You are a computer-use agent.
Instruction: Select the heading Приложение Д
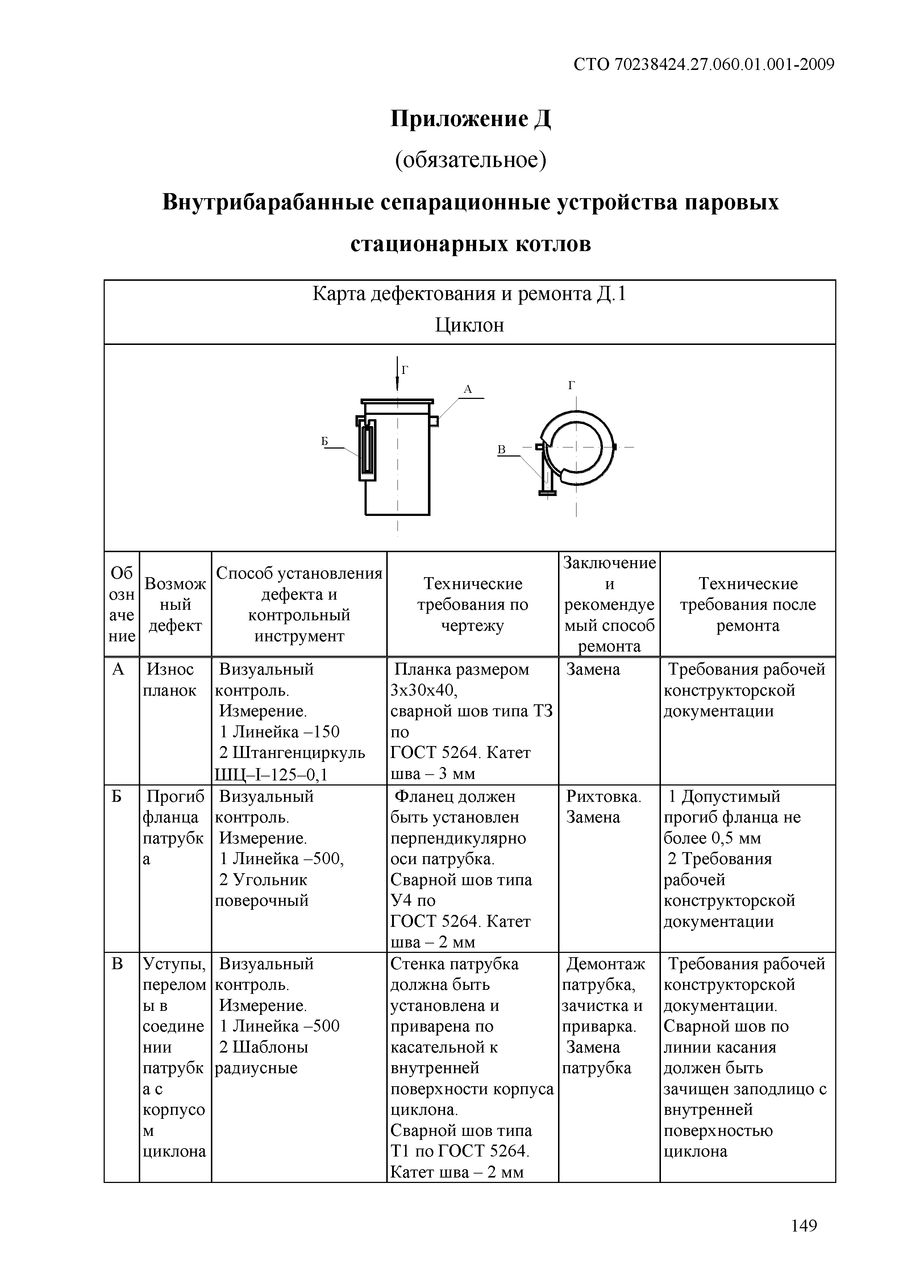[x=471, y=119]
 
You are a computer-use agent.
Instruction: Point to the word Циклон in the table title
[x=469, y=325]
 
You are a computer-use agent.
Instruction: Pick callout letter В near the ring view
[x=501, y=450]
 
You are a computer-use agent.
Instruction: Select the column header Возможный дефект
[x=175, y=604]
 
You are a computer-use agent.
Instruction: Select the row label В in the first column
[x=117, y=964]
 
